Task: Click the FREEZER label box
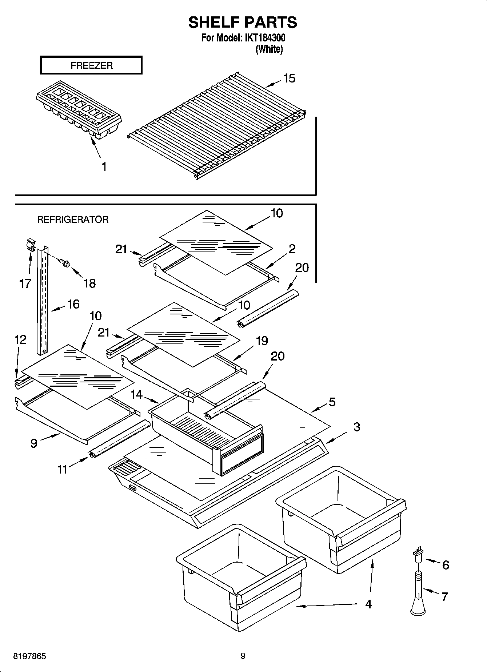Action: click(x=91, y=65)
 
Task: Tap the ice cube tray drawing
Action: click(x=79, y=113)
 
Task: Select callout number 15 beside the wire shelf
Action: click(x=289, y=78)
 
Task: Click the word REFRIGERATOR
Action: click(x=73, y=220)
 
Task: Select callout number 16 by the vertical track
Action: click(x=73, y=304)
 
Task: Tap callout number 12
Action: click(x=20, y=340)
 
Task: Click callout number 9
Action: click(x=34, y=443)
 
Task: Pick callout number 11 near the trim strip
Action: click(x=63, y=469)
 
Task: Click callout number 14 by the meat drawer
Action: click(x=137, y=394)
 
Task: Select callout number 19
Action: click(x=262, y=341)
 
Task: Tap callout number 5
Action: click(x=332, y=402)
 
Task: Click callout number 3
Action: click(x=356, y=427)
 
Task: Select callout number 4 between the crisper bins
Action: click(x=368, y=604)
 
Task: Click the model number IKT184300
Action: click(x=264, y=38)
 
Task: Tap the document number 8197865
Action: click(x=29, y=656)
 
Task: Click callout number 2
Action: click(x=292, y=249)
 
